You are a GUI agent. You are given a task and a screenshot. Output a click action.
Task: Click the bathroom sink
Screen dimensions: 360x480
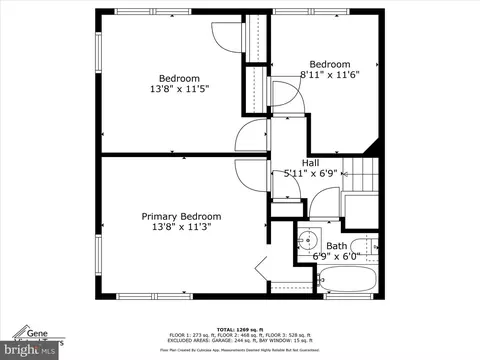point(309,240)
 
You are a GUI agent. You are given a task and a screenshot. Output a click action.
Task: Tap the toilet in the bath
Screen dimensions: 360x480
point(368,245)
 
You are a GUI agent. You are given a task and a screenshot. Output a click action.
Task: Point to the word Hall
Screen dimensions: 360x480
point(311,162)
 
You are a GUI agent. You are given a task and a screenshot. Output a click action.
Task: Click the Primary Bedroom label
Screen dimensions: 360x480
point(180,216)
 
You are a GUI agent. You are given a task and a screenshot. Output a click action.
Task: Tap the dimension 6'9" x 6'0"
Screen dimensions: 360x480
point(335,256)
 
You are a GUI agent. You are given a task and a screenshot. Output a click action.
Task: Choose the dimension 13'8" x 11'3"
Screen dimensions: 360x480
point(180,228)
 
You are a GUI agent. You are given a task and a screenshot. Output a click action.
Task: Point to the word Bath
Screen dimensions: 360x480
point(336,245)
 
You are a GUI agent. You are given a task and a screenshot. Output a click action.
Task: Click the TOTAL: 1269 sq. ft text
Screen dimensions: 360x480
point(239,328)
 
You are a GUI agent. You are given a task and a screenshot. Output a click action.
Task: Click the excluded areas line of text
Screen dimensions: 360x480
point(239,342)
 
